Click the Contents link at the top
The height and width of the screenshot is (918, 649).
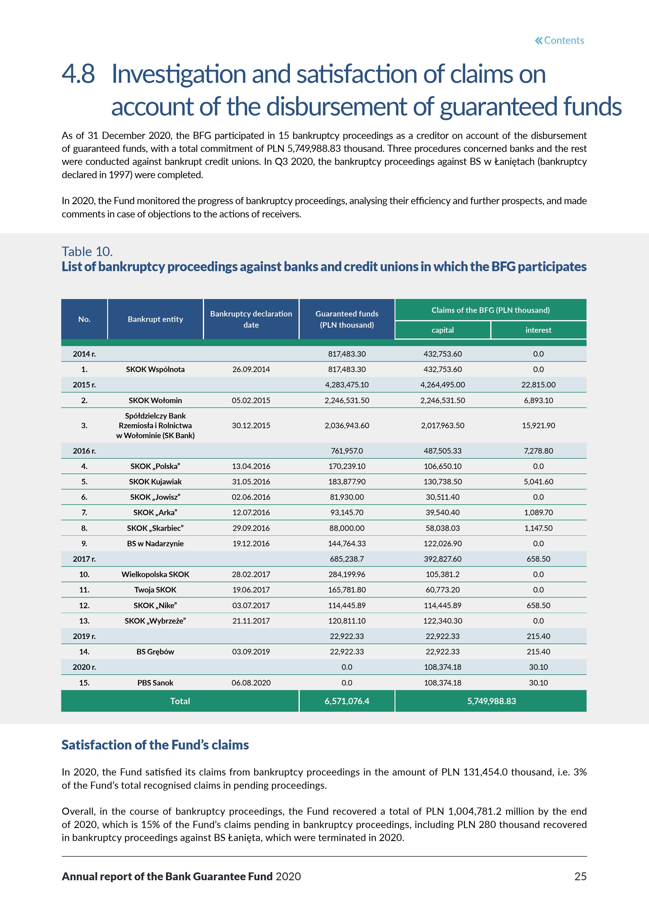click(559, 40)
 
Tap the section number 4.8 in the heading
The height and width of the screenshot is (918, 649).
click(78, 74)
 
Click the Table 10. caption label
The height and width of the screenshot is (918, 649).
click(87, 252)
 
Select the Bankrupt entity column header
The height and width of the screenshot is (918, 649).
click(155, 319)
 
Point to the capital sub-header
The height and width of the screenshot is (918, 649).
click(443, 330)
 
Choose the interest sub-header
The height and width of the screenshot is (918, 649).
click(538, 330)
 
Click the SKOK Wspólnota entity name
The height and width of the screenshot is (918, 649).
click(155, 369)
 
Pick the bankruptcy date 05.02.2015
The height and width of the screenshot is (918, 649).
click(251, 400)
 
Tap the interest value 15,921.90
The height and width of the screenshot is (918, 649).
click(538, 425)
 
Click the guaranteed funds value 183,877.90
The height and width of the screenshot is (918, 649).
click(347, 482)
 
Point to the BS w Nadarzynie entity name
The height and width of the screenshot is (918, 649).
click(155, 543)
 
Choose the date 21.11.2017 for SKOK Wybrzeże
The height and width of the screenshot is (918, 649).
click(251, 621)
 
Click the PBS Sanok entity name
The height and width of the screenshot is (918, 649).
click(155, 683)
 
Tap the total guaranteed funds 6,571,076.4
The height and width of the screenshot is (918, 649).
click(347, 701)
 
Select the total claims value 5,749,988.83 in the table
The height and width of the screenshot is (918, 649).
click(491, 701)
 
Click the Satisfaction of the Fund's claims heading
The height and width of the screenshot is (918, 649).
click(155, 745)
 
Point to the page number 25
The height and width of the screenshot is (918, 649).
click(580, 876)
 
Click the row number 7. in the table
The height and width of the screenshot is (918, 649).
click(84, 512)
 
